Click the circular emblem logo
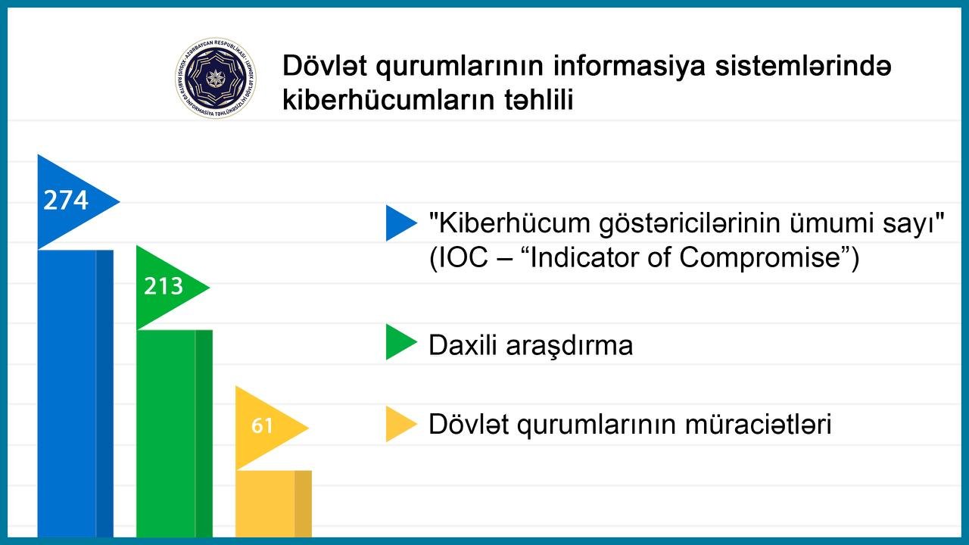point(216,78)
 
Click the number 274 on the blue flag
point(66,201)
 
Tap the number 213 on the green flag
point(164,286)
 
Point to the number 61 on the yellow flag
point(262,425)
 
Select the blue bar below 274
point(76,394)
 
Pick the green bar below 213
point(174,434)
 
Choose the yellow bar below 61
point(273,504)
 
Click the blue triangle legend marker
point(400,223)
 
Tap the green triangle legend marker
point(400,341)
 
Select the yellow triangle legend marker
point(400,424)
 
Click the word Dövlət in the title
point(325,66)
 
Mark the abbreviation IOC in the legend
point(462,258)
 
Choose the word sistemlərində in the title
point(803,66)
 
